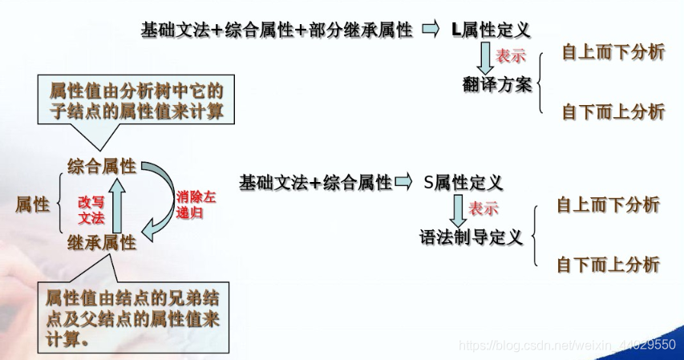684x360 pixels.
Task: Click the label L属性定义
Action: (491, 30)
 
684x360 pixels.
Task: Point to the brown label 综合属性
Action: (102, 166)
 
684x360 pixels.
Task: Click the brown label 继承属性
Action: (102, 243)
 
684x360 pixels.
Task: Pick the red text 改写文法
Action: (91, 210)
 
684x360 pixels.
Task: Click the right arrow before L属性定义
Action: (431, 30)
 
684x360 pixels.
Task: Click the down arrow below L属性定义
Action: (486, 58)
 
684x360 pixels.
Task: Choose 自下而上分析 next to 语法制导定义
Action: (608, 264)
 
